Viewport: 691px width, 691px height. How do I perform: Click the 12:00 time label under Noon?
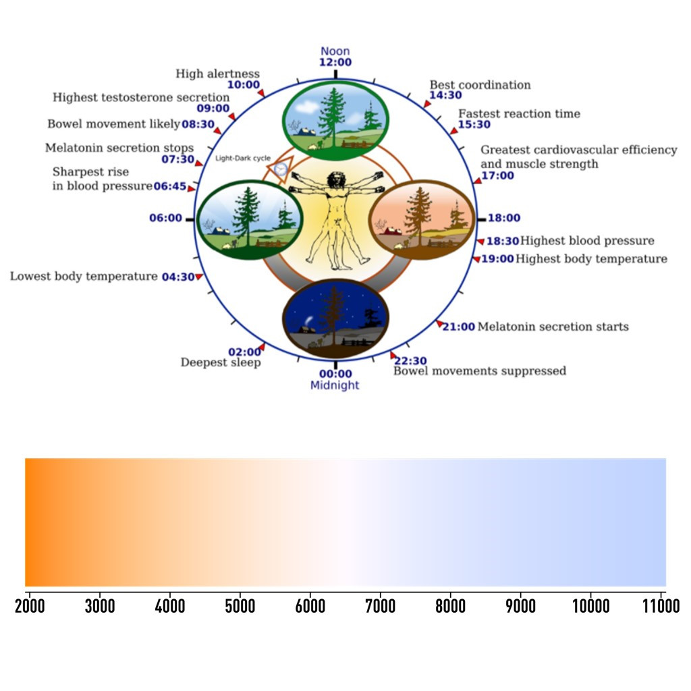pyautogui.click(x=335, y=62)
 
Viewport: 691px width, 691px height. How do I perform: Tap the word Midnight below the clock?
pyautogui.click(x=335, y=385)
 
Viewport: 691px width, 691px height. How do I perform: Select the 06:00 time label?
pyautogui.click(x=166, y=218)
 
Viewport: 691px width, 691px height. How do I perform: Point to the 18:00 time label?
pyautogui.click(x=504, y=218)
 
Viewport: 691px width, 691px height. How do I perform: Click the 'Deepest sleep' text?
pyautogui.click(x=220, y=362)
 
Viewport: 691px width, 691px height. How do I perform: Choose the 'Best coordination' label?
pyautogui.click(x=480, y=85)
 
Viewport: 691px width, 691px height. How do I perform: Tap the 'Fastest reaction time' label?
pyautogui.click(x=519, y=113)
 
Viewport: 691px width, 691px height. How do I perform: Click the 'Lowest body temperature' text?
pyautogui.click(x=84, y=276)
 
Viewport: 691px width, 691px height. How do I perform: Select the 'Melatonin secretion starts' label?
pyautogui.click(x=553, y=327)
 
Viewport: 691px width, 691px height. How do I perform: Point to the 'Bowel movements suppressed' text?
pyautogui.click(x=480, y=370)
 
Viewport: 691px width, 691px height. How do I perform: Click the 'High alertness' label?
pyautogui.click(x=217, y=74)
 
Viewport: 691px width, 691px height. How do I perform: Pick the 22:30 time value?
pyautogui.click(x=410, y=360)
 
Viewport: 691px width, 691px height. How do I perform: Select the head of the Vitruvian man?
pyautogui.click(x=335, y=180)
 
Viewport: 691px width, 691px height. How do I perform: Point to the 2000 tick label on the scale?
pyautogui.click(x=30, y=606)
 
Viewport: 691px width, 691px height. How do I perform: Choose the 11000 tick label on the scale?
pyautogui.click(x=661, y=606)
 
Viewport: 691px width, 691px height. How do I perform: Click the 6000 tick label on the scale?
pyautogui.click(x=310, y=606)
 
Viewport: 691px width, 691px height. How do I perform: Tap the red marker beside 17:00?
pyautogui.click(x=477, y=180)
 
